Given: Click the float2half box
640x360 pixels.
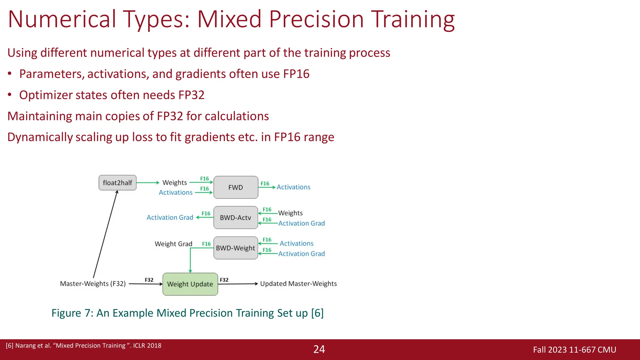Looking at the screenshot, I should point(117,183).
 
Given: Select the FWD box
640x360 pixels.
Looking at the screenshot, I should point(236,187).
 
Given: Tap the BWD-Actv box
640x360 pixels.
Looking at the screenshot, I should point(236,217).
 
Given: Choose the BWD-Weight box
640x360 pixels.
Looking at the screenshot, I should point(236,248).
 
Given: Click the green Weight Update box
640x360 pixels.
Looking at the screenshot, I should point(190,284).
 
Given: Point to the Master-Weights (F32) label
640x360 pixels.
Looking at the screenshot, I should point(93,284).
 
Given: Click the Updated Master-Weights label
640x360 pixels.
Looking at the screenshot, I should point(298,284).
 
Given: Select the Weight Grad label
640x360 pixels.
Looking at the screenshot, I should point(173,244).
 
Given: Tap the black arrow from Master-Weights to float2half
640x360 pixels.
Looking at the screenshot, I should point(105,234).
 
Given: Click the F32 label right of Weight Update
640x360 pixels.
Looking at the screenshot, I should point(224,280).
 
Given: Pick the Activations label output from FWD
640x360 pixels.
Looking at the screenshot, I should point(293,187).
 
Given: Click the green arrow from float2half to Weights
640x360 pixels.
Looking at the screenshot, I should point(147,183).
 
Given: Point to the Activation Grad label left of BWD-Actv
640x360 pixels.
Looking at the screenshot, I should point(170,217).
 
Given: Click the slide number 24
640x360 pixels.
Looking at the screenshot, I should point(319,349).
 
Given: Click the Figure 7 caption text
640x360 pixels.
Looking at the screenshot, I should point(187,313).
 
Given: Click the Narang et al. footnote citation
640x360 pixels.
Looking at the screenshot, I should point(83,346).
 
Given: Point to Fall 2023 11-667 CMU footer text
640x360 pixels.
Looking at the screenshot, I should point(574,350).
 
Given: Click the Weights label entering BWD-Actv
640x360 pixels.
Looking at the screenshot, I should point(290,213).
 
